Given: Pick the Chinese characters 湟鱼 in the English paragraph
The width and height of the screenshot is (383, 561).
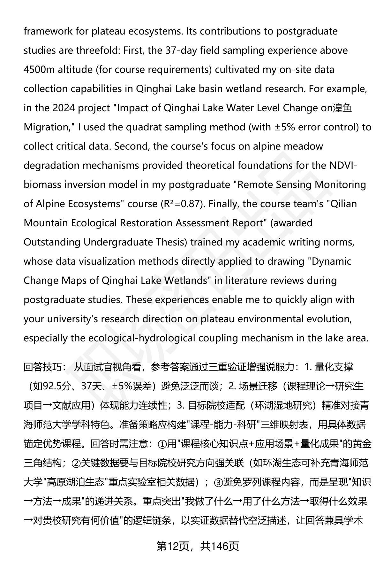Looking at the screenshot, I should click(x=342, y=108).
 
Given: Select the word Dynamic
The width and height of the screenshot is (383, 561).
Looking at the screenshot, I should click(x=331, y=261).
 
